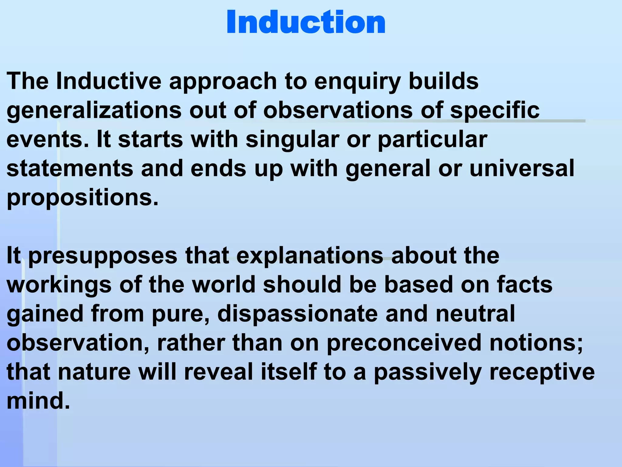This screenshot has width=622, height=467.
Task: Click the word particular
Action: click(432, 140)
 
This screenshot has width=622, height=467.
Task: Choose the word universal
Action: click(522, 168)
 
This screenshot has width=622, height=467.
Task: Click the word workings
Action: click(59, 285)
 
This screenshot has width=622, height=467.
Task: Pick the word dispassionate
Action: click(298, 314)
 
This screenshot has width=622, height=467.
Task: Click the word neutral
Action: click(475, 314)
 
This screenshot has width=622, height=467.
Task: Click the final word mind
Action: click(38, 401)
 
